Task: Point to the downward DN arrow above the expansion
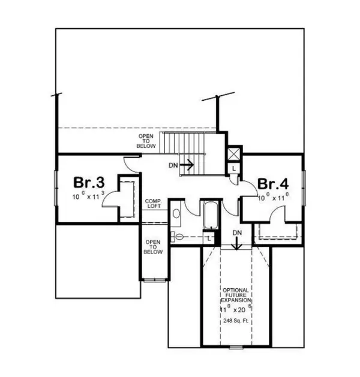tap(238, 242)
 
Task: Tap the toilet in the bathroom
tap(178, 237)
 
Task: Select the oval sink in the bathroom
tap(176, 213)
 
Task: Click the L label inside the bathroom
tap(208, 239)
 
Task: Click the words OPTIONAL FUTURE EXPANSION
tap(236, 295)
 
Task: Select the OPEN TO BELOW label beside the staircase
tap(146, 142)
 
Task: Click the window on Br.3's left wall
tap(56, 189)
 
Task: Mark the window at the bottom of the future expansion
tap(236, 347)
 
